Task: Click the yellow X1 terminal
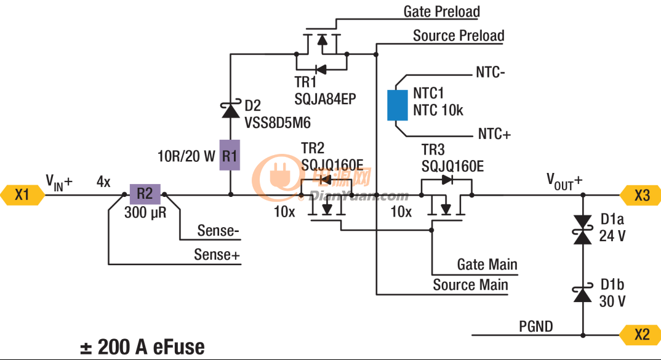(x=22, y=195)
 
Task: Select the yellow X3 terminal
(x=641, y=195)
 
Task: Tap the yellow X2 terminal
(x=641, y=335)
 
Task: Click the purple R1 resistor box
(x=230, y=155)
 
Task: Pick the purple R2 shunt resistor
(x=145, y=194)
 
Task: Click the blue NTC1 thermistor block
(x=398, y=105)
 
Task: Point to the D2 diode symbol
(x=230, y=110)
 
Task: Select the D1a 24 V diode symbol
(x=583, y=230)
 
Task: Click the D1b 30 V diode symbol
(x=583, y=294)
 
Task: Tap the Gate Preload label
(x=442, y=11)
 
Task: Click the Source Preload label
(x=459, y=36)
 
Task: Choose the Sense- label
(x=218, y=231)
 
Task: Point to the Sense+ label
(x=217, y=255)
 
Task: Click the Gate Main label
(x=487, y=265)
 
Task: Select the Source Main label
(x=470, y=284)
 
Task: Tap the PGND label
(x=536, y=326)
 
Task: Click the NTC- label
(x=491, y=72)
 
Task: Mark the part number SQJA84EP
(x=325, y=99)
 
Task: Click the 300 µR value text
(x=145, y=213)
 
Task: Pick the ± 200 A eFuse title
(x=143, y=347)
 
